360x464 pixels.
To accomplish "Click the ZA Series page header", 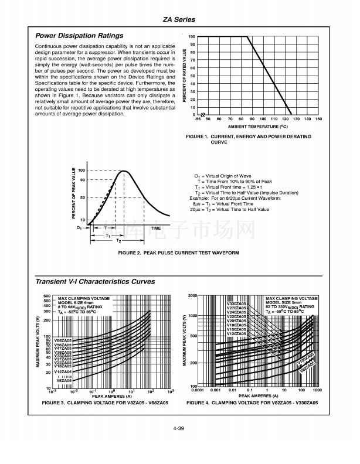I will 179,19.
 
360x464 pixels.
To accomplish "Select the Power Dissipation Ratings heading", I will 79,36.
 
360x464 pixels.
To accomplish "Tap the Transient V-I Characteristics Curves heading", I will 95,282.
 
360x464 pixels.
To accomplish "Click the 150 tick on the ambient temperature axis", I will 318,119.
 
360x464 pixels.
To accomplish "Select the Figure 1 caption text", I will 248,139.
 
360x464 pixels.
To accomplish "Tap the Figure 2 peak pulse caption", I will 179,253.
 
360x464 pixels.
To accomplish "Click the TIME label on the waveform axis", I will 155,228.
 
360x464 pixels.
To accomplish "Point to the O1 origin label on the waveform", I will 79,227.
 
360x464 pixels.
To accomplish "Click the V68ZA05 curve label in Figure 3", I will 63,340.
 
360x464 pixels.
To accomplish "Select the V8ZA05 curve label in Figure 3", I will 64,381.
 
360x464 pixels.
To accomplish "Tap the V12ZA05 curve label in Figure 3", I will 63,372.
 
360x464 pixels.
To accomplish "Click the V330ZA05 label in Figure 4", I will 236,303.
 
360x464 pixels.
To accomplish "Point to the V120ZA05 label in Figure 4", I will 236,333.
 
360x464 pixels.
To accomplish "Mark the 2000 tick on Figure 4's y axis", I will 191,296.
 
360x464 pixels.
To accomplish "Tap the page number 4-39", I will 179,431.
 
